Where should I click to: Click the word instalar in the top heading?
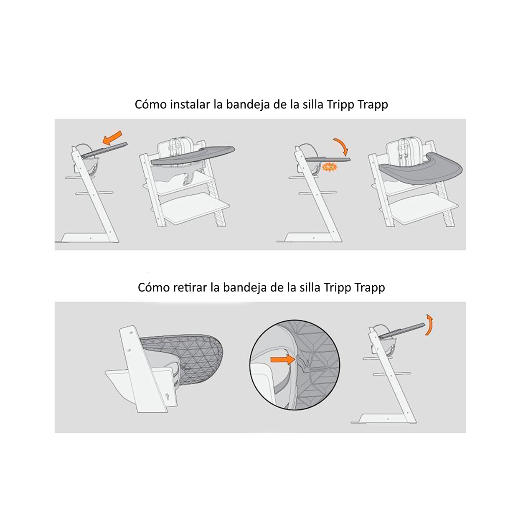[190, 104]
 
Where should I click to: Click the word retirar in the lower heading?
[190, 287]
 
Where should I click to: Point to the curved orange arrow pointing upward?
[429, 325]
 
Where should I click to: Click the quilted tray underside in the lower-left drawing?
[192, 355]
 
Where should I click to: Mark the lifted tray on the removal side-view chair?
[402, 330]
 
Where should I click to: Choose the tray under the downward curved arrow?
[328, 159]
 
